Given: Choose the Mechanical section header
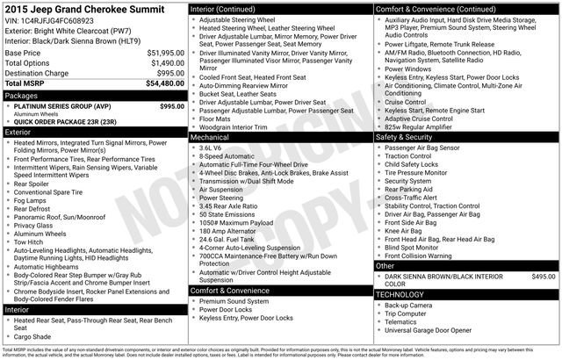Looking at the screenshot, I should click(211, 138).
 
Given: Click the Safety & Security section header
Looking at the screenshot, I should click(405, 137).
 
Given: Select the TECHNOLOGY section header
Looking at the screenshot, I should click(401, 294).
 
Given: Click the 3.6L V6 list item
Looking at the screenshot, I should click(212, 148).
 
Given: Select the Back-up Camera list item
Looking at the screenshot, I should click(408, 305).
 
